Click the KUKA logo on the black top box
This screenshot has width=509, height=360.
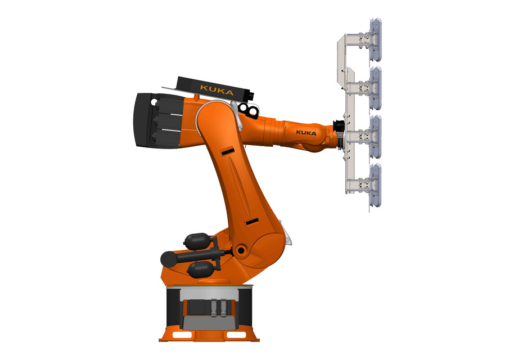(x=217, y=88)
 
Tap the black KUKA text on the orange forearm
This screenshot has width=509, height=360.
(x=306, y=133)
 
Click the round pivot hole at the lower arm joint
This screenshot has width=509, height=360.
(x=241, y=249)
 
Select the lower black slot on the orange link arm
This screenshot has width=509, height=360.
(x=251, y=220)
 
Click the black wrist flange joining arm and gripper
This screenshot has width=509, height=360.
(x=339, y=128)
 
